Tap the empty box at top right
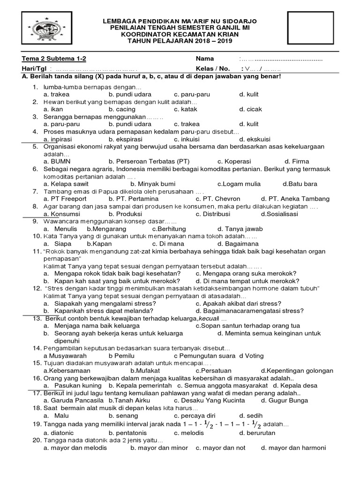(x=308, y=29)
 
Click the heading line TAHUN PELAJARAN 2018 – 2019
(x=180, y=41)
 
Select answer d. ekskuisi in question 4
(x=255, y=139)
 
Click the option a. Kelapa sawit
(x=66, y=184)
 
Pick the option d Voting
(x=251, y=356)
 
